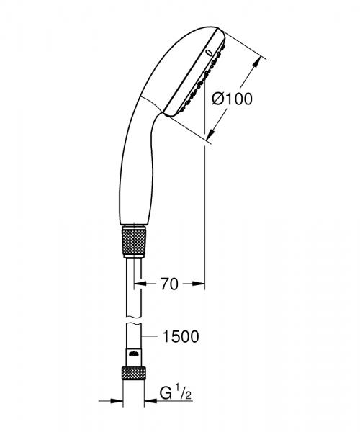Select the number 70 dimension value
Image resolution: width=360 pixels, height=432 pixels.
168,284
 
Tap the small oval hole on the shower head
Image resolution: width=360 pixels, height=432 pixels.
209,51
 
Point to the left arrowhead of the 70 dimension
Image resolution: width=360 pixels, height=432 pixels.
143,284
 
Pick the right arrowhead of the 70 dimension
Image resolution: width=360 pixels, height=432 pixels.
201,284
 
